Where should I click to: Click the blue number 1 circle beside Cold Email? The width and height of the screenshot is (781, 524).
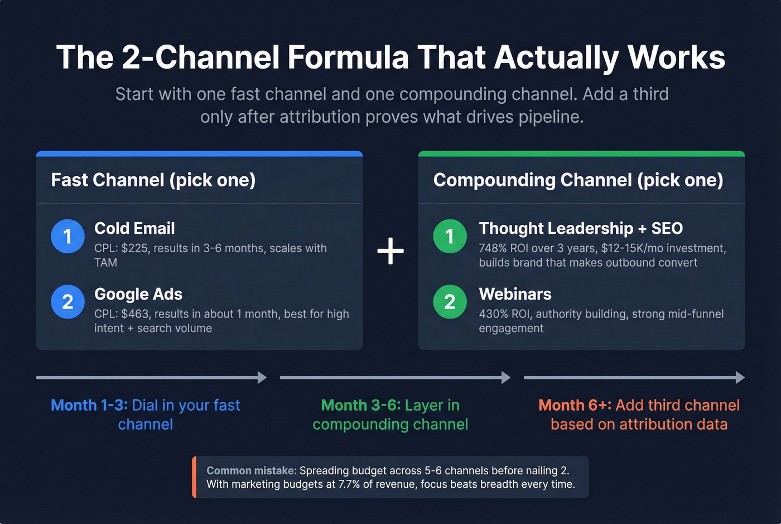pos(68,236)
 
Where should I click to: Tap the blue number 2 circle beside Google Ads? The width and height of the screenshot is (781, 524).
pos(68,302)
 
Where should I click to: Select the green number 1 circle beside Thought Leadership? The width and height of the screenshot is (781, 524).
pos(450,236)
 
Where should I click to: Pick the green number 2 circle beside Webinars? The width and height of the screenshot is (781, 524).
pos(450,302)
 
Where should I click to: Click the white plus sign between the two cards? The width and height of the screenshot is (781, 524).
pos(390,251)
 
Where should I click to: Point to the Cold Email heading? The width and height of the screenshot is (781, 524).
pos(134,228)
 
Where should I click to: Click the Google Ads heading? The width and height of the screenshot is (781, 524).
pos(138,294)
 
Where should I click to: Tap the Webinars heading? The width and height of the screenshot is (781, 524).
pos(515,294)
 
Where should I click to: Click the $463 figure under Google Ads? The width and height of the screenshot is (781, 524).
pos(135,314)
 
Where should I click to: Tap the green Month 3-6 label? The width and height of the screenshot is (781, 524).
pos(361,405)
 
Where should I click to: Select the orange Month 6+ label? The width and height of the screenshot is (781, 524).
pos(575,405)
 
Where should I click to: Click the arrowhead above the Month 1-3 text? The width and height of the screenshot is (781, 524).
pos(262,378)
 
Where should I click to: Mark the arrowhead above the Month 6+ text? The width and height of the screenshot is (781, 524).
pos(740,378)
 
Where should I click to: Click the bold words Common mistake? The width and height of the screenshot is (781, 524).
pos(252,470)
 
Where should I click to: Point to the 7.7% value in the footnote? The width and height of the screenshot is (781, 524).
pos(349,484)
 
